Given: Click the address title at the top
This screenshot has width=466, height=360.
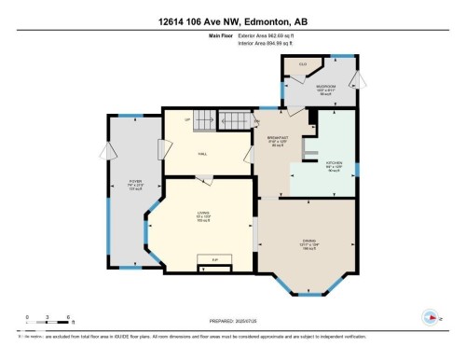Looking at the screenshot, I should pos(232,10).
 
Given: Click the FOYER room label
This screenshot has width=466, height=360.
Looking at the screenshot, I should pos(135,185).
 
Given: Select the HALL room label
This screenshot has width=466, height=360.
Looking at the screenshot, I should pos(202,156).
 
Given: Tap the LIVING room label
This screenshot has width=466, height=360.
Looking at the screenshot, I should pos(202,217).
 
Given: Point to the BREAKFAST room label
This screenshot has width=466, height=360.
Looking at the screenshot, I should pos(277,140).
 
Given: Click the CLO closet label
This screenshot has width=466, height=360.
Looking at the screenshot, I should pos(302,64).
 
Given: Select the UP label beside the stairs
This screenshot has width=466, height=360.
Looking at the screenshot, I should pos(187,120).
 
